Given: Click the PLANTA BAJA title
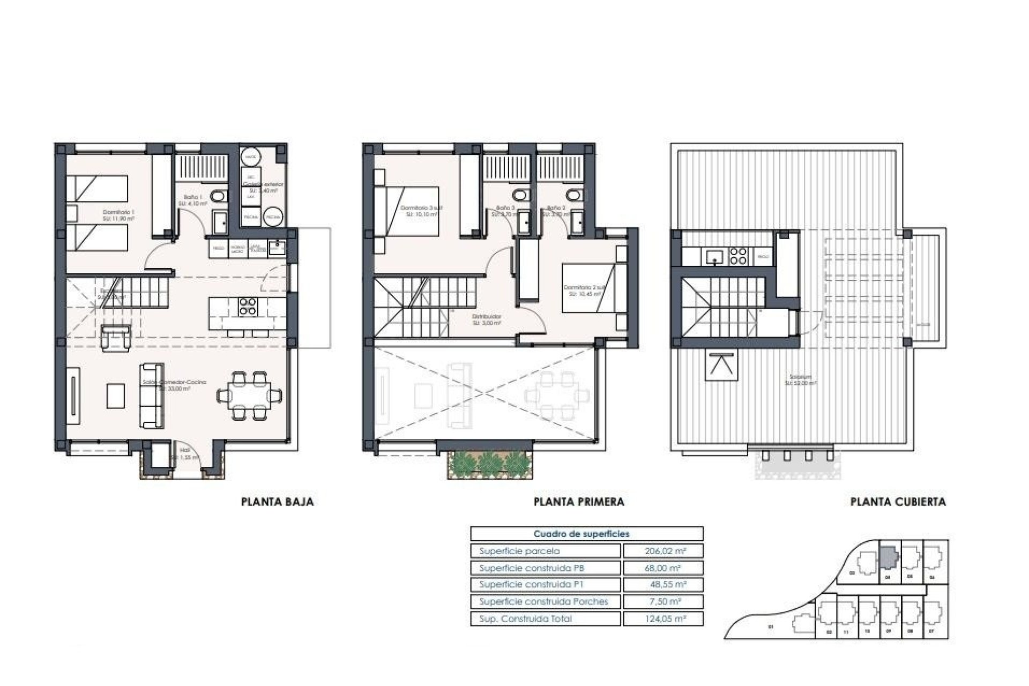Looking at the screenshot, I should point(278,502).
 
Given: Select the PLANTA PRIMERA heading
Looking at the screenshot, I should point(579,502).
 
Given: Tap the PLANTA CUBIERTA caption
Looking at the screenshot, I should point(898,502).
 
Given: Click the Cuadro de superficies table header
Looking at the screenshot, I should point(581,534).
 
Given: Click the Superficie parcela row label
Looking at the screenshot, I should point(519,551).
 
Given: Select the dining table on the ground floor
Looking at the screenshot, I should point(250,396).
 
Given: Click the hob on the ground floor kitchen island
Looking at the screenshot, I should point(248,306).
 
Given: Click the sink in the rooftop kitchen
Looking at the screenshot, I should point(714,256).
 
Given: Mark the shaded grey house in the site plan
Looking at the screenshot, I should point(888,558).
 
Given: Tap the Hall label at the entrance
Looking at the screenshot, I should point(185,450).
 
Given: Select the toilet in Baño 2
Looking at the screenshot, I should point(572,194).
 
